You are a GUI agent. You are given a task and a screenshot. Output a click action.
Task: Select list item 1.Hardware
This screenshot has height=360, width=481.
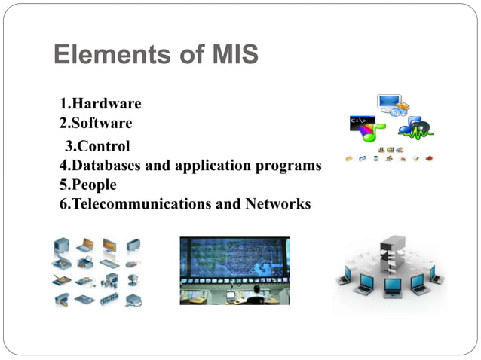tap(100, 104)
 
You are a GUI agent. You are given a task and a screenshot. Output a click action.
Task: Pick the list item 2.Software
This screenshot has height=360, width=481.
tap(96, 123)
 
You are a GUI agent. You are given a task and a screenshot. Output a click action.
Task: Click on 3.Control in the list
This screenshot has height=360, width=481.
tap(97, 146)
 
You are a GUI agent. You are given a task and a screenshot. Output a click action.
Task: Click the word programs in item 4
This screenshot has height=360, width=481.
tap(290, 165)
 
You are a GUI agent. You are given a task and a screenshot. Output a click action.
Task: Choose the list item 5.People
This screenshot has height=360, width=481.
tap(88, 185)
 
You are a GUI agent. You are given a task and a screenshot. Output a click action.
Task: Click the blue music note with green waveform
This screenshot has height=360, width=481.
tap(415, 128)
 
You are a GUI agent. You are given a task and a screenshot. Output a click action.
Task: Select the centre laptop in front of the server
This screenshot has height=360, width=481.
tap(391, 285)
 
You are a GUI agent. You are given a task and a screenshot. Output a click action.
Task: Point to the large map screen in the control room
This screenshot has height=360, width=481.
tap(234, 260)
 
